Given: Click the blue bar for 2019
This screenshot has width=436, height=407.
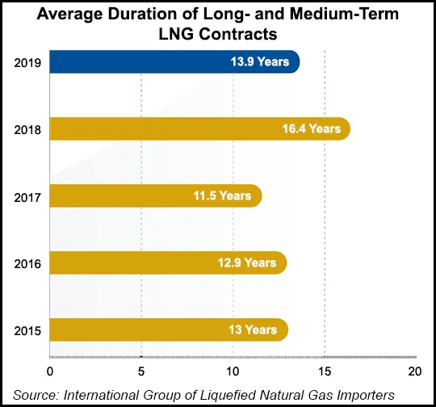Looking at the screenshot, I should tap(174, 62).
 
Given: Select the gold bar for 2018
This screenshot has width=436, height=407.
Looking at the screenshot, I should tap(199, 128).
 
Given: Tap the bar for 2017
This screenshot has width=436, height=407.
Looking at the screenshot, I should tap(156, 195).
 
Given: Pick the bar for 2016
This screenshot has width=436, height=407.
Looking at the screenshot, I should tap(168, 262).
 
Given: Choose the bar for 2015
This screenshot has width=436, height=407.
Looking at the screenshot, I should tap(169, 329).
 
